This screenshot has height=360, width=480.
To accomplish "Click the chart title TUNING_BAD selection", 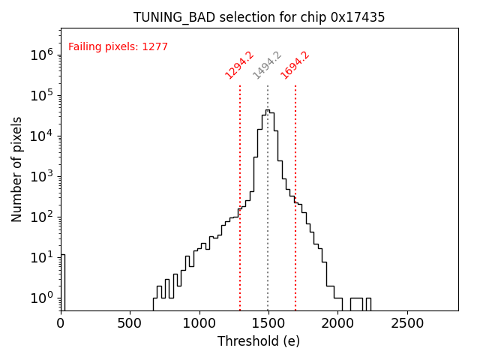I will (x=217, y=17).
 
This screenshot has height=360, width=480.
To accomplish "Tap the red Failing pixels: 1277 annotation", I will (x=118, y=47).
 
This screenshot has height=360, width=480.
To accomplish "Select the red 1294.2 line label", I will (x=240, y=65).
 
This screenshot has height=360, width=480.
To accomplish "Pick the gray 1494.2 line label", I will (x=267, y=65).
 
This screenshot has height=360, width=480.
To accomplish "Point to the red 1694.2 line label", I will (x=295, y=65).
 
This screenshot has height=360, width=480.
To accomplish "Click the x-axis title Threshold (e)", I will (x=259, y=341).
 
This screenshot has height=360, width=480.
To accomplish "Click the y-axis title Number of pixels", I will (x=17, y=169).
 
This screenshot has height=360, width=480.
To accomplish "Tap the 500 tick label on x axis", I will (x=130, y=323).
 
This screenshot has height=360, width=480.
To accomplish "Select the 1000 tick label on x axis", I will (x=199, y=323).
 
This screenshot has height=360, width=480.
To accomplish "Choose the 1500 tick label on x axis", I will (x=268, y=323).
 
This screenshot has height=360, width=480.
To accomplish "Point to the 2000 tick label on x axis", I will (x=337, y=323).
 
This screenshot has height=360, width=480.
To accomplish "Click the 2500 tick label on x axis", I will (x=406, y=323).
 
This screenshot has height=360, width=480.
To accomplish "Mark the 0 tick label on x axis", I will (x=61, y=323).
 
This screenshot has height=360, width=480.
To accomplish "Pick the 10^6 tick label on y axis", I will (x=40, y=55).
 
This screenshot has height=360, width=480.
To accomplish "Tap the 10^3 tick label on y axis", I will (x=40, y=176).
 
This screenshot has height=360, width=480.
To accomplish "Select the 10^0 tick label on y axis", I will (x=40, y=298).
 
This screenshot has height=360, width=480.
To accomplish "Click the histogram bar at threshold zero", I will (x=63, y=282).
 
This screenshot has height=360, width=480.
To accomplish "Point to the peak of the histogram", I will (x=268, y=110).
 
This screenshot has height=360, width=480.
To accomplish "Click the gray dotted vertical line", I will (x=268, y=225).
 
